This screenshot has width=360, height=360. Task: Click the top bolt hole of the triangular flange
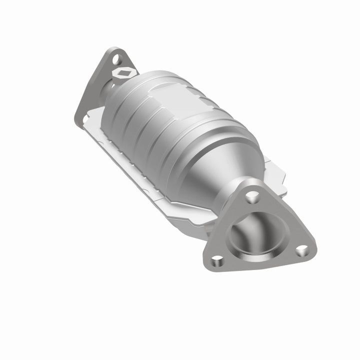pos(250,196)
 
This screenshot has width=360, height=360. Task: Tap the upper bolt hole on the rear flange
pos(116,59)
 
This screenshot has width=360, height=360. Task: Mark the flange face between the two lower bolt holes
pos(257,262)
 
